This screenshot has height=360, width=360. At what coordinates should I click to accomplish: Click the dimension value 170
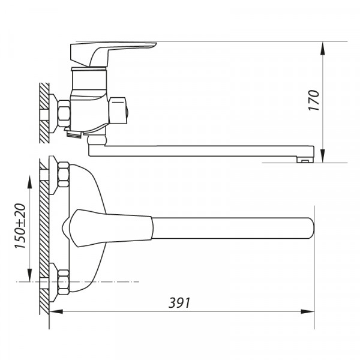[x=314, y=100]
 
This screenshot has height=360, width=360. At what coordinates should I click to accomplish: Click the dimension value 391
[x=179, y=303]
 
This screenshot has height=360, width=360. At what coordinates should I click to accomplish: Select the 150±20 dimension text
[x=20, y=226]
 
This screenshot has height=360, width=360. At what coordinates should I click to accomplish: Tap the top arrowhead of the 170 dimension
[x=323, y=49]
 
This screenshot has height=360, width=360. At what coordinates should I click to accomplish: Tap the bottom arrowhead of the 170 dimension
[x=323, y=156]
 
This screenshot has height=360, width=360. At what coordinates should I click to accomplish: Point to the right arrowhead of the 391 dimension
[x=308, y=311]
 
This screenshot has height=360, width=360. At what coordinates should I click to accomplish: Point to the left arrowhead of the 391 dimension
[x=56, y=311]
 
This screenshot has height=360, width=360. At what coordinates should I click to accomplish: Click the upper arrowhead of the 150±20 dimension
[x=29, y=182]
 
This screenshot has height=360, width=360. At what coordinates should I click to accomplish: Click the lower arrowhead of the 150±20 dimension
[x=29, y=275]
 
